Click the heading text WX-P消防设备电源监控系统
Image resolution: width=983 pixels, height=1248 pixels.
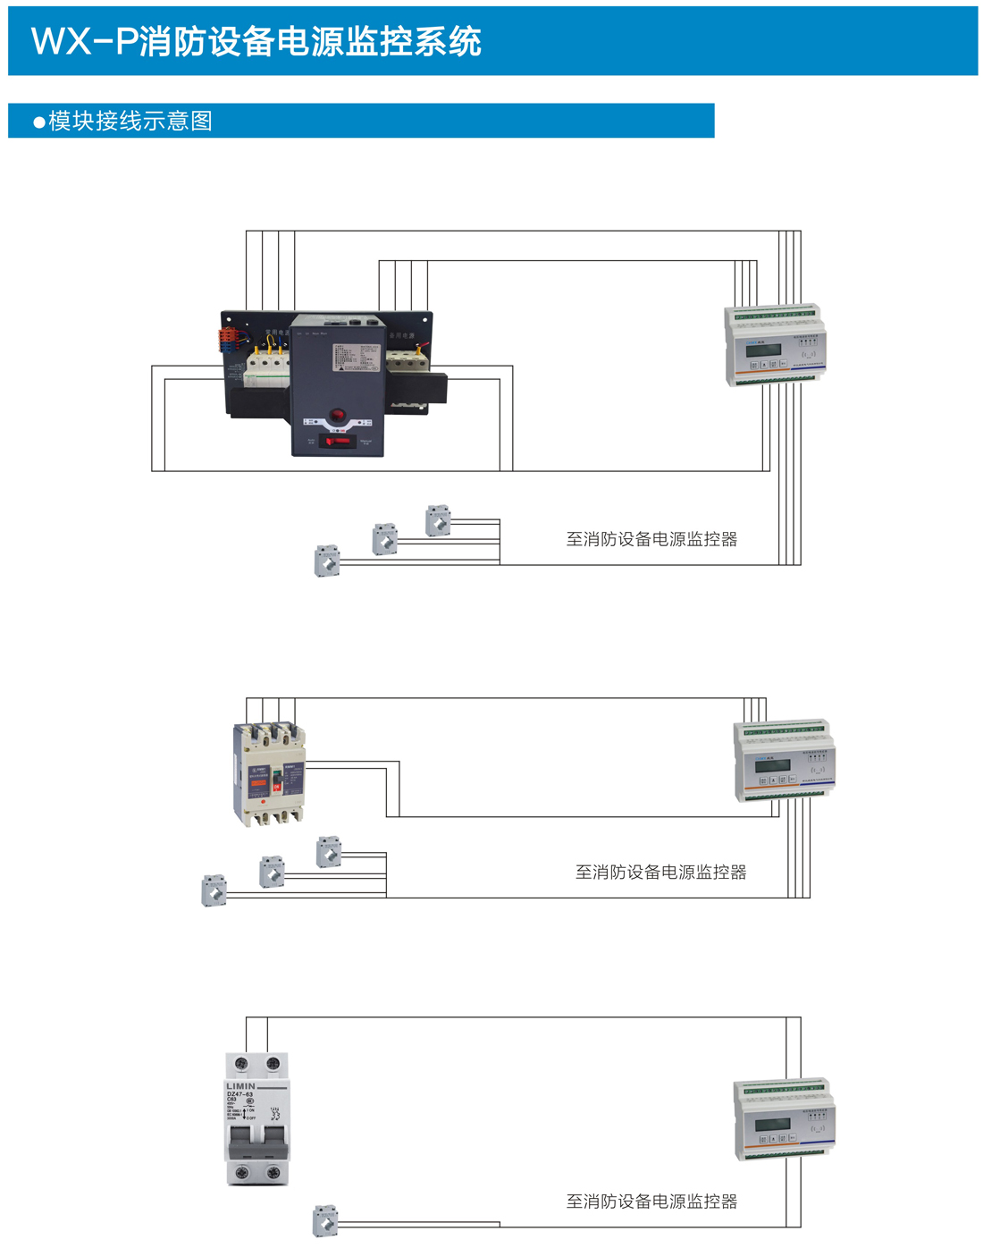click(x=256, y=42)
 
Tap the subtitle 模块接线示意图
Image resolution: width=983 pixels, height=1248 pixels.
click(x=130, y=121)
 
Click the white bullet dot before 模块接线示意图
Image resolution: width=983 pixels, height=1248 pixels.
click(x=38, y=122)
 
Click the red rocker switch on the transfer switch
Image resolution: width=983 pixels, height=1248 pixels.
click(x=339, y=441)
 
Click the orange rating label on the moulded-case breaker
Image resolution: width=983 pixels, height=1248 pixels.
click(x=258, y=783)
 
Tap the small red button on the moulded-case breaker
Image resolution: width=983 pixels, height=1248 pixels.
click(x=264, y=802)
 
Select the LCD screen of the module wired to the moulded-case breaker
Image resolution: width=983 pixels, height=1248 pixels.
click(x=772, y=765)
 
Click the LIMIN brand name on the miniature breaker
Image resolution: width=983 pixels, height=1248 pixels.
click(x=240, y=1086)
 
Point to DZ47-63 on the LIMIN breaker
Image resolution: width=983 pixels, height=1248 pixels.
click(x=239, y=1094)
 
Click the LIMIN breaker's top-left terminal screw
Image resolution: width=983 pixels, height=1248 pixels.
click(x=240, y=1064)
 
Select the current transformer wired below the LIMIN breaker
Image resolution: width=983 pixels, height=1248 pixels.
click(x=325, y=1220)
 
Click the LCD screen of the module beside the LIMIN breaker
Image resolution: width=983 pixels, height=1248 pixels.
click(x=771, y=1126)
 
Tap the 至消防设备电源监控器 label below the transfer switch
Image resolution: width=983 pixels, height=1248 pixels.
click(x=651, y=539)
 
